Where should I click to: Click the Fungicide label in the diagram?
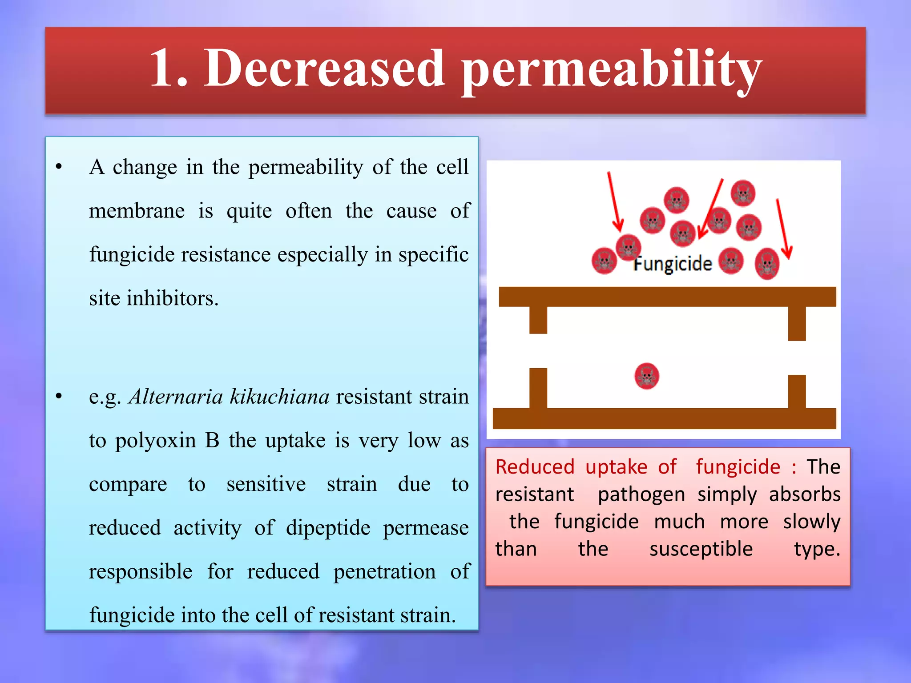(673, 264)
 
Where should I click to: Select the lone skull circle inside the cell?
(646, 376)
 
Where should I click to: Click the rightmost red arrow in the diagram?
(782, 229)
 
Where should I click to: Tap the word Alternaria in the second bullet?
(176, 396)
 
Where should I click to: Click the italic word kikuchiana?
(279, 396)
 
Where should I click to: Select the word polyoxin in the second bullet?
(155, 440)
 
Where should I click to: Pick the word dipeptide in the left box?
(328, 528)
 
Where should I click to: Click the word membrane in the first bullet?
(137, 211)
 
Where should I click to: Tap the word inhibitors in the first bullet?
(173, 298)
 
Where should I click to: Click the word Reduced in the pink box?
(535, 467)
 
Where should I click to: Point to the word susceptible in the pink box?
(701, 549)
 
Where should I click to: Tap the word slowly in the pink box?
(811, 522)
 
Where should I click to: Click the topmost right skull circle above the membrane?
(743, 193)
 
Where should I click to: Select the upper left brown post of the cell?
(538, 320)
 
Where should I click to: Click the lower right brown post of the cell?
(797, 392)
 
